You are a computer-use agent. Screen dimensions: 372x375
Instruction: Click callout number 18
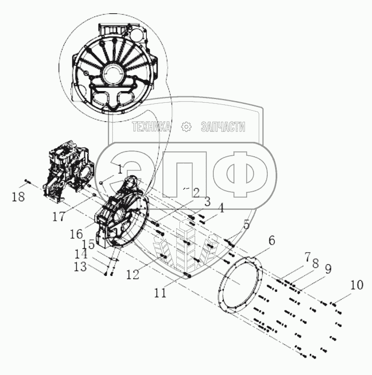tap(19, 197)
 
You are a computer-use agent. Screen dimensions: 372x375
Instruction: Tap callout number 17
tap(59, 217)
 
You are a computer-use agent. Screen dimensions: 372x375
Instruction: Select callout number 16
tap(76, 234)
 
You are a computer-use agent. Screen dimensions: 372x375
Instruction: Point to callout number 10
tap(357, 285)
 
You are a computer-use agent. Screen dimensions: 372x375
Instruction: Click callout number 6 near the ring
tap(271, 240)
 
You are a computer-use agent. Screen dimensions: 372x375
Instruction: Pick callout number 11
tap(160, 293)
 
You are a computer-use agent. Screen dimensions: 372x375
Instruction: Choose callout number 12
tap(133, 274)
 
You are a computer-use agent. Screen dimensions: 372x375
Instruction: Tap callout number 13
tap(80, 266)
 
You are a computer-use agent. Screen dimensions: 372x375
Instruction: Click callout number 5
tap(247, 225)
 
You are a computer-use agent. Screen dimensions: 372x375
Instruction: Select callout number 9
tap(328, 269)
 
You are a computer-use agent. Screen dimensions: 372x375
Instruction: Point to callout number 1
tap(120, 170)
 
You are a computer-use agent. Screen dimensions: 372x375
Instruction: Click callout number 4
tap(222, 209)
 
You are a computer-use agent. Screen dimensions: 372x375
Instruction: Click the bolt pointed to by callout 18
tap(28, 182)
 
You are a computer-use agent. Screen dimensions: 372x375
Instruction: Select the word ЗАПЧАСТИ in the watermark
tap(223, 127)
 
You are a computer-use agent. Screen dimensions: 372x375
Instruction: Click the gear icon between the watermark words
tap(186, 127)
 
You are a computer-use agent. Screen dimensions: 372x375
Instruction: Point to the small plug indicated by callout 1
tap(101, 183)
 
